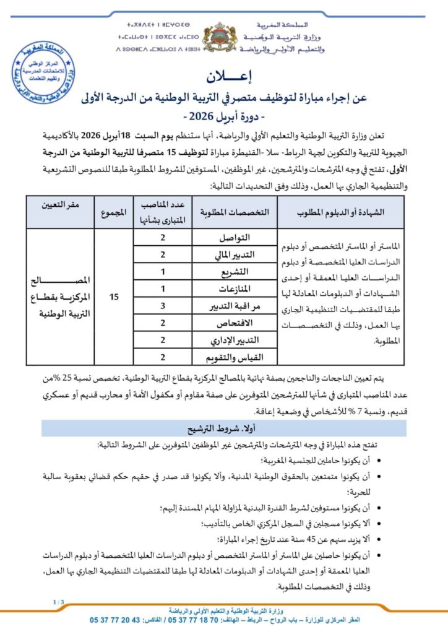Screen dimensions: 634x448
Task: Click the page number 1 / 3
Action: pyautogui.click(x=58, y=601)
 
